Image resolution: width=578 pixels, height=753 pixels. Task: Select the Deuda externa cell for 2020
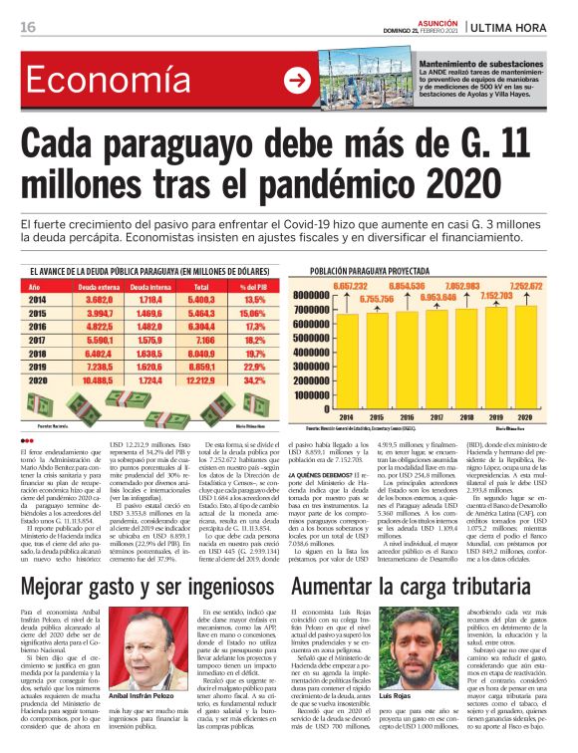[x=98, y=379]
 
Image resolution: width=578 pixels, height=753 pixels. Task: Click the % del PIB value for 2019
[x=254, y=366]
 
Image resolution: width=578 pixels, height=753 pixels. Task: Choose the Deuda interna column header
[x=149, y=286]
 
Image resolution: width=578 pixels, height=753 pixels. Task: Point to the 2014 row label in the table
[x=38, y=299]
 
